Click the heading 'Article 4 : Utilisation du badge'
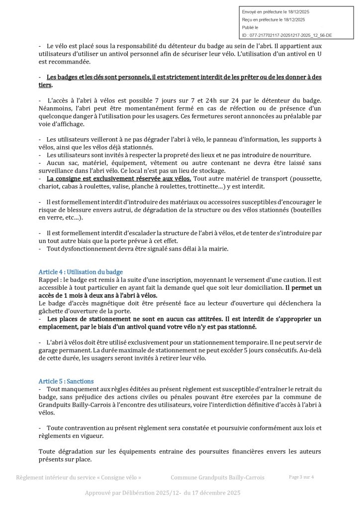click(81, 272)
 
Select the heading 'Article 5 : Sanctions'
click(66, 381)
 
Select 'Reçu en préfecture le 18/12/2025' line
click(273, 19)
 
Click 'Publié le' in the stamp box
click(251, 28)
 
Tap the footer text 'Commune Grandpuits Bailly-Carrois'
click(217, 478)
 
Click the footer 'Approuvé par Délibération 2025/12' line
click(163, 493)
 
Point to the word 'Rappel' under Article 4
click(48, 280)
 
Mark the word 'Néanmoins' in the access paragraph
click(55, 108)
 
